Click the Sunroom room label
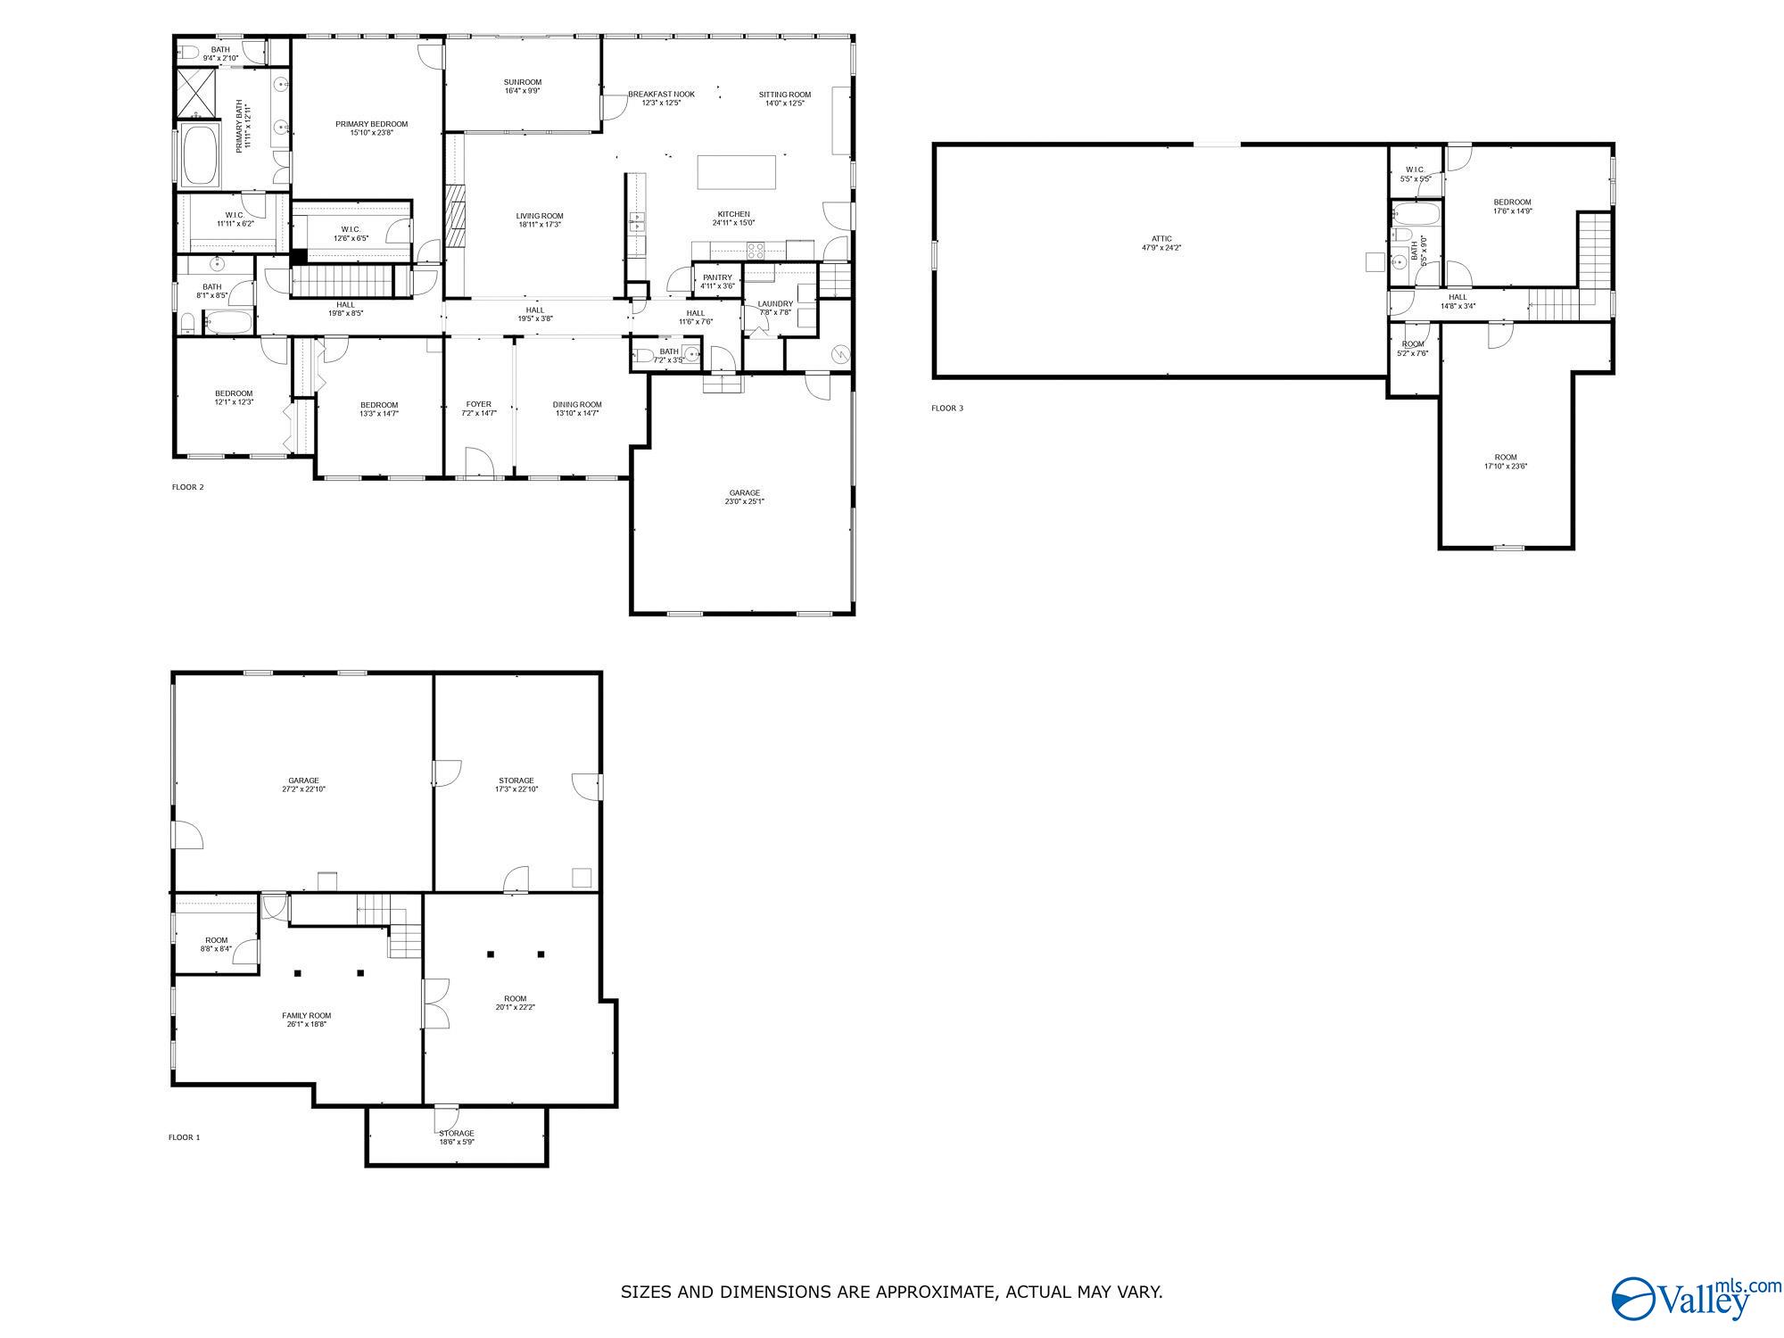click(x=523, y=82)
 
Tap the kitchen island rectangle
click(x=736, y=172)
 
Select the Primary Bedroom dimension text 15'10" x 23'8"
click(x=371, y=133)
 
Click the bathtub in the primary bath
click(x=200, y=154)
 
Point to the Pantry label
click(x=717, y=278)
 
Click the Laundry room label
click(x=775, y=304)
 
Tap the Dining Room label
click(x=577, y=404)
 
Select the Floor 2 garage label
click(x=744, y=493)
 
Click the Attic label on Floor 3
click(x=1161, y=239)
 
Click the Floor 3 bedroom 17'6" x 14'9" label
click(x=1512, y=202)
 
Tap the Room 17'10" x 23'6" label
click(x=1506, y=458)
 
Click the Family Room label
click(x=306, y=1015)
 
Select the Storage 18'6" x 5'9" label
click(x=456, y=1134)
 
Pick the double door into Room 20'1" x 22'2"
click(x=434, y=1003)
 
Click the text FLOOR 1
click(x=185, y=1137)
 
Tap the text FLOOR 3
click(x=947, y=409)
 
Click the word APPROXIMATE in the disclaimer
click(x=924, y=1292)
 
